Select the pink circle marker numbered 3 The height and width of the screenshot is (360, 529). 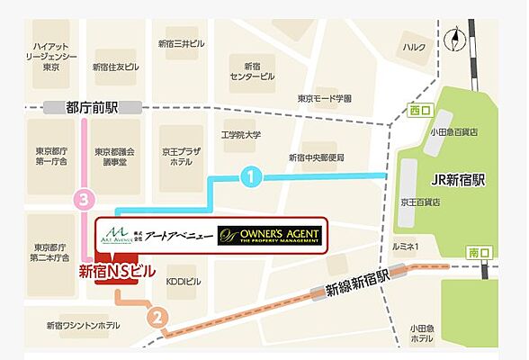point(85,199)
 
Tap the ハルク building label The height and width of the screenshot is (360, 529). point(415,48)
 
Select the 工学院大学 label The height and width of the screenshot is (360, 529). point(241,135)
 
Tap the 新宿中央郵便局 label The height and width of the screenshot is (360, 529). point(316,157)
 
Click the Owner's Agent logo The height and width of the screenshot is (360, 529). point(268,237)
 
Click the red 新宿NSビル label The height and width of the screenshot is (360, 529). point(118,269)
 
